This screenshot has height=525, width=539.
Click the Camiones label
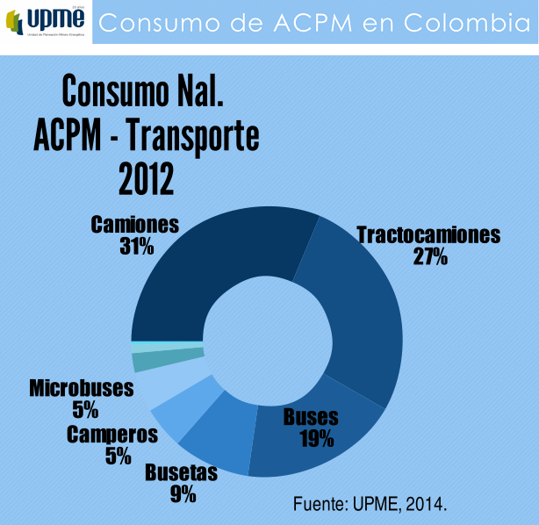pyautogui.click(x=135, y=224)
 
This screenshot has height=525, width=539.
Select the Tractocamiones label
pyautogui.click(x=428, y=235)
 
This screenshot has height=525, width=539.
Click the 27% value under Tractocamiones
pyautogui.click(x=430, y=256)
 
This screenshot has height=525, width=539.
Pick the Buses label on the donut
pyautogui.click(x=311, y=418)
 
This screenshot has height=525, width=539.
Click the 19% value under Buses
pyautogui.click(x=316, y=438)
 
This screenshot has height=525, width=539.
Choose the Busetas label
pyautogui.click(x=181, y=472)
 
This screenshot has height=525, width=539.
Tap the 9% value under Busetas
pyautogui.click(x=183, y=493)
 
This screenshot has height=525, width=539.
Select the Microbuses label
pyautogui.click(x=82, y=388)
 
